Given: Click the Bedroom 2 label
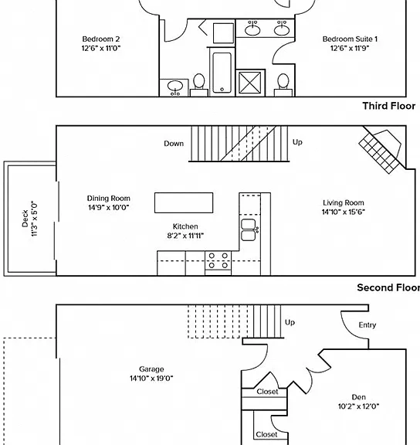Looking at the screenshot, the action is tap(101, 39).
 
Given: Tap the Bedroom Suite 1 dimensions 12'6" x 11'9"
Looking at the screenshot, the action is tap(350, 48).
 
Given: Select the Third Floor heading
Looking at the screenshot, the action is tap(389, 106).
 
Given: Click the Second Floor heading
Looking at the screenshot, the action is tap(388, 287).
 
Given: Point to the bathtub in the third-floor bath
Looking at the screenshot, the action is tap(222, 73).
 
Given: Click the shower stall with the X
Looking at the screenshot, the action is tap(250, 83).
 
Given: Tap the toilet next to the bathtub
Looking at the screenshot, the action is tap(198, 84).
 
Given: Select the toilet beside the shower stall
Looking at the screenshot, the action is tap(283, 84).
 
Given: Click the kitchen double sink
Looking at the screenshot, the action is tap(249, 230).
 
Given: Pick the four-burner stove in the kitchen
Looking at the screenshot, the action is tap(218, 263).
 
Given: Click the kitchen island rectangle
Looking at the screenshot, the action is tap(184, 202).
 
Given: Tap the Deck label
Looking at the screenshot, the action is tap(25, 219).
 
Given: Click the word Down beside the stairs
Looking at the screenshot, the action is tap(174, 144).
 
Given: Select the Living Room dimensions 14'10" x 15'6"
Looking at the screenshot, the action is tap(343, 212).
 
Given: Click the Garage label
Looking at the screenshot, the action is tap(151, 369).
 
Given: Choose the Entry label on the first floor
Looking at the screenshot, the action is tap(367, 325).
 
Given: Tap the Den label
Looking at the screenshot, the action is tap(358, 397).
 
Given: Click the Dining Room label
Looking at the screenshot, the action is tap(109, 199).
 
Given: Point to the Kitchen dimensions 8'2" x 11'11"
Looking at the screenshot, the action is tap(185, 236).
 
